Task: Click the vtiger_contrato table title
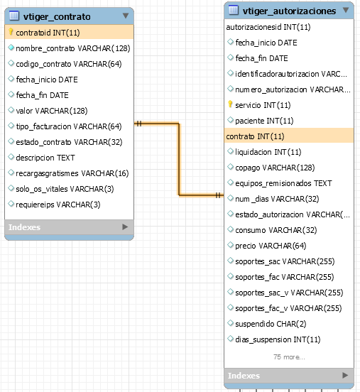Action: point(57,17)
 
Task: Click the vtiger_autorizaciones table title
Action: point(289,11)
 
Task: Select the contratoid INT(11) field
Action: point(48,33)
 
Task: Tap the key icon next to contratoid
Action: point(11,32)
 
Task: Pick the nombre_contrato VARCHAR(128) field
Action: point(73,48)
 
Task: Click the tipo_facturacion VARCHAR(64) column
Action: point(69,126)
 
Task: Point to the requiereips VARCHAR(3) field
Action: point(58,205)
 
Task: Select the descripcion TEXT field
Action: point(45,158)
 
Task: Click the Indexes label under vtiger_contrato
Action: point(25,227)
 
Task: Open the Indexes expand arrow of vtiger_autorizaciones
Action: point(345,375)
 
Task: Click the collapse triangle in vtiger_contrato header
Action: point(126,16)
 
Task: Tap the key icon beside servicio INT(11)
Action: point(230,104)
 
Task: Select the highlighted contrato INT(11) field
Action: point(255,136)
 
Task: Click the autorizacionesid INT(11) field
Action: point(268,27)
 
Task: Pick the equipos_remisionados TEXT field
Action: point(283,183)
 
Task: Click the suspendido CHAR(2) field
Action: point(271,324)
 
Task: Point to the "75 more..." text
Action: point(289,357)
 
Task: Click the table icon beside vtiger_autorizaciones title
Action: point(234,10)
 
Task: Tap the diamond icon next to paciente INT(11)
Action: point(230,120)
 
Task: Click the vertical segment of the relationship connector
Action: point(179,159)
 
